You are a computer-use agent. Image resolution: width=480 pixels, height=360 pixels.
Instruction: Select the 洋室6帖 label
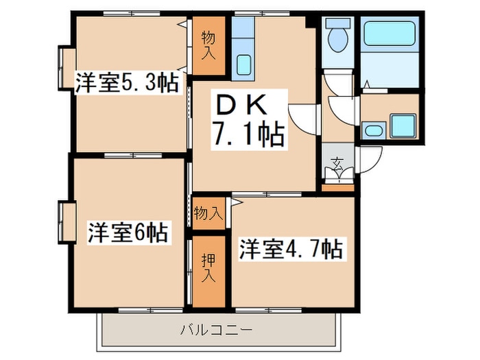[128, 233]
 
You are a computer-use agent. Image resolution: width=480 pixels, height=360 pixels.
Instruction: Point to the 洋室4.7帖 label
[291, 248]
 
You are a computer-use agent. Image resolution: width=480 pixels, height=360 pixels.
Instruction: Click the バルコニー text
[217, 331]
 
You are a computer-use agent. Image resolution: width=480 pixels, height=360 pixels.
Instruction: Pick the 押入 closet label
[208, 269]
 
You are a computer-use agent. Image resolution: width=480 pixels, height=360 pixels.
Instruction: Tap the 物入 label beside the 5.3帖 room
[208, 46]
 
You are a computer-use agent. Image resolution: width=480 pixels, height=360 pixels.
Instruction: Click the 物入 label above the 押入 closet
[208, 213]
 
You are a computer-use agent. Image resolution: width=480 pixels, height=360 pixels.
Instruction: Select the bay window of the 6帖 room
[67, 222]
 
